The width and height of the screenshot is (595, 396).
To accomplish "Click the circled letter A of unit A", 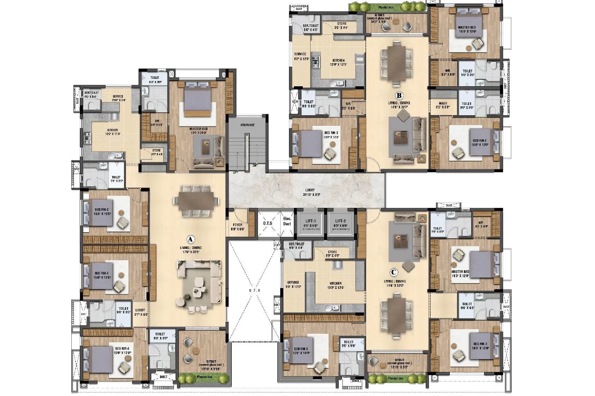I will pyautogui.click(x=191, y=239).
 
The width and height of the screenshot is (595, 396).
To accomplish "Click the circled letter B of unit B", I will pyautogui.click(x=399, y=95).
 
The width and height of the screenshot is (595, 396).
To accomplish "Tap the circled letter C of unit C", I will pyautogui.click(x=393, y=272).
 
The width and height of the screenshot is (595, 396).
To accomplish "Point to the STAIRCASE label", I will pyautogui.click(x=248, y=125).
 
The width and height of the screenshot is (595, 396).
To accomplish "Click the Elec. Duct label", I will pyautogui.click(x=287, y=221).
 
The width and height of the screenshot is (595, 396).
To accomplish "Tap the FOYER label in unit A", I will pyautogui.click(x=237, y=224).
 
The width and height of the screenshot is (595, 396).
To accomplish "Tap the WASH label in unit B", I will pyautogui.click(x=443, y=104).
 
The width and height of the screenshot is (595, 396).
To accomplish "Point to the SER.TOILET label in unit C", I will pyautogui.click(x=296, y=244).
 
